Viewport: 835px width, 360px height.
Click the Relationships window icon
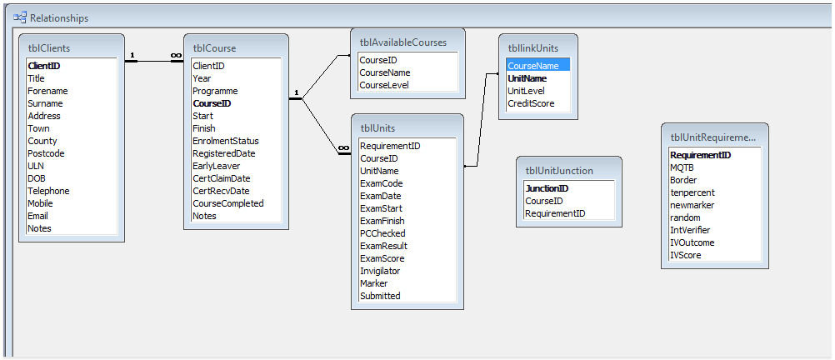pyautogui.click(x=20, y=17)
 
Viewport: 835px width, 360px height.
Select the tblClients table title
pyautogui.click(x=49, y=48)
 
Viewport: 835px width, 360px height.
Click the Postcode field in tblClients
pyautogui.click(x=45, y=153)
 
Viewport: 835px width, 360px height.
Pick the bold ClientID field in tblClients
pyautogui.click(x=43, y=66)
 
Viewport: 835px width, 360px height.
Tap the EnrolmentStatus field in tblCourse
pyautogui.click(x=226, y=141)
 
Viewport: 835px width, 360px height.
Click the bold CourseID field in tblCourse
pyautogui.click(x=212, y=103)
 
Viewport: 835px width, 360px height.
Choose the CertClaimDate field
pyautogui.click(x=222, y=178)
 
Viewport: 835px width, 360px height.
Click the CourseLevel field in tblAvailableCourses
pyautogui.click(x=384, y=85)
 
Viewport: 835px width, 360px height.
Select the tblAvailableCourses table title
pyautogui.click(x=403, y=42)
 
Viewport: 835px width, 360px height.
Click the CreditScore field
pyautogui.click(x=531, y=103)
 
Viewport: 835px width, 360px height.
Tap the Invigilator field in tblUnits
pyautogui.click(x=380, y=271)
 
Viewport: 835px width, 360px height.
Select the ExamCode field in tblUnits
pyautogui.click(x=382, y=183)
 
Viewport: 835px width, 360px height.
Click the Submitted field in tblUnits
pyautogui.click(x=380, y=296)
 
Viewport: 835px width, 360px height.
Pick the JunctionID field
pyautogui.click(x=547, y=188)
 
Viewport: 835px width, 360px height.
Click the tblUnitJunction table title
pyautogui.click(x=559, y=171)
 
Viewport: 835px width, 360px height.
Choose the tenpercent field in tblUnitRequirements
pyautogui.click(x=692, y=192)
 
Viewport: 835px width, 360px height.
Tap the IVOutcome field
pyautogui.click(x=692, y=242)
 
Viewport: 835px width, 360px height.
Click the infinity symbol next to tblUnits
pyautogui.click(x=344, y=147)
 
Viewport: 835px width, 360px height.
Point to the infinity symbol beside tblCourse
pyautogui.click(x=177, y=55)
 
